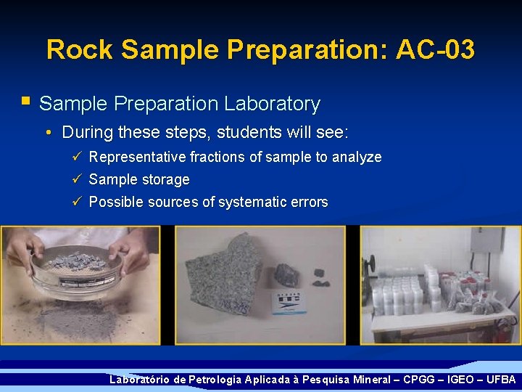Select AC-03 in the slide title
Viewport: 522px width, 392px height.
click(436, 50)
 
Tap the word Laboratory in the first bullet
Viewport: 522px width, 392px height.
click(272, 104)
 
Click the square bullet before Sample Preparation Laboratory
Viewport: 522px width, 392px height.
click(26, 102)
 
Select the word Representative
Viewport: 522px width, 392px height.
click(137, 158)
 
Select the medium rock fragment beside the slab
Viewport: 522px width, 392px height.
click(286, 274)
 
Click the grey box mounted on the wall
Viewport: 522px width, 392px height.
click(486, 240)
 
